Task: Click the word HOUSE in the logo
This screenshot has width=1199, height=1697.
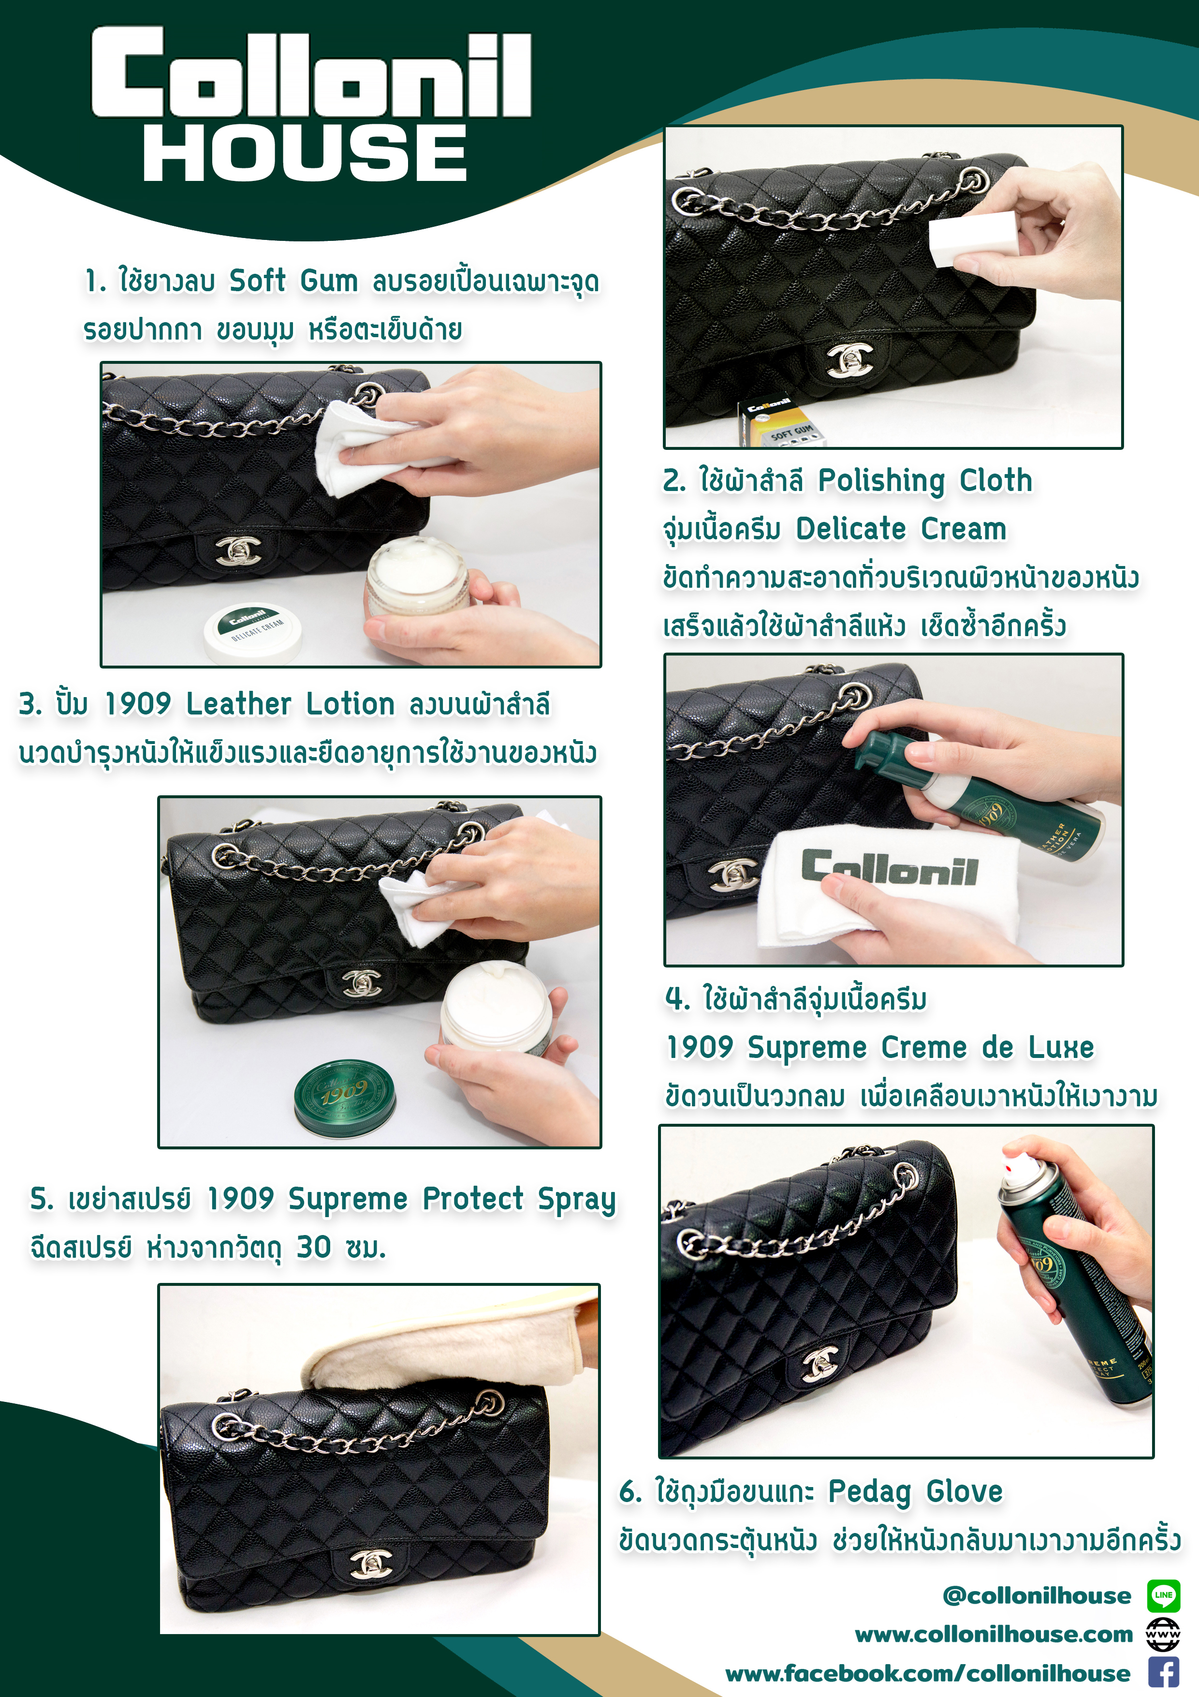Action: click(305, 152)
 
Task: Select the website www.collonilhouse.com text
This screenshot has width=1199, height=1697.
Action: click(994, 1634)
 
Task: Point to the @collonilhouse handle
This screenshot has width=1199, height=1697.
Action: click(1037, 1596)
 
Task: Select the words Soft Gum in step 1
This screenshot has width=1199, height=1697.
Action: click(294, 281)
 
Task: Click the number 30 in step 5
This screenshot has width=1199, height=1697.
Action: click(314, 1247)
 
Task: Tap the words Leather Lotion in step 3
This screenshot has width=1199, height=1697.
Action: click(291, 704)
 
